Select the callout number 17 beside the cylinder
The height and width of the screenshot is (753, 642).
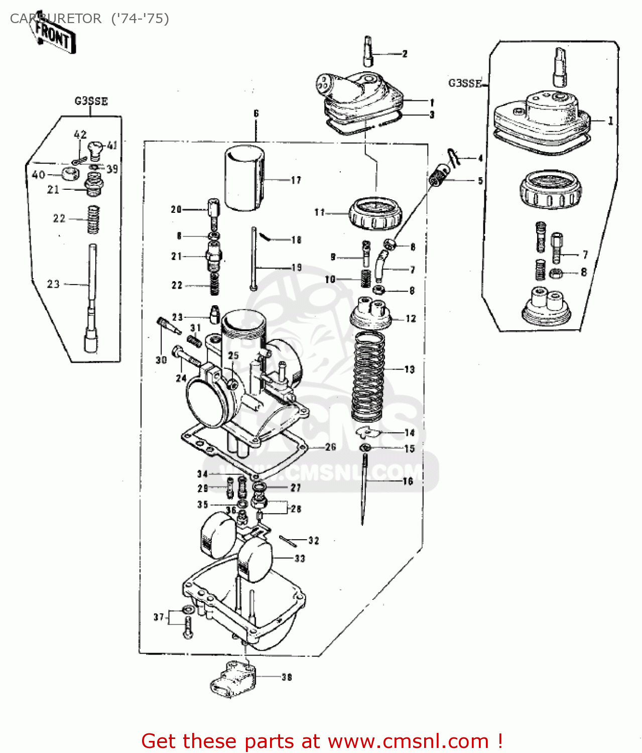296,180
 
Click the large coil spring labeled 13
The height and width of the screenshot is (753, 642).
368,376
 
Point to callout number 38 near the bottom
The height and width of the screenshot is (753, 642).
287,677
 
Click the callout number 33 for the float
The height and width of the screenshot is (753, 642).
300,558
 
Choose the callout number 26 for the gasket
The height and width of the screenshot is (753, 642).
330,447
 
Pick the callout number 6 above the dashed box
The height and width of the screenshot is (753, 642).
256,113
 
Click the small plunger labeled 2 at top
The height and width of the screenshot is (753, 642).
368,51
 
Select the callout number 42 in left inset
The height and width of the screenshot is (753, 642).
80,135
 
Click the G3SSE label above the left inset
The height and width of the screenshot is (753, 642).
91,101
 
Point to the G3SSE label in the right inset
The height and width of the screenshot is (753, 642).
465,83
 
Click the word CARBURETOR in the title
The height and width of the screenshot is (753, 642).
55,19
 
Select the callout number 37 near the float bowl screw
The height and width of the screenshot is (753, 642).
159,617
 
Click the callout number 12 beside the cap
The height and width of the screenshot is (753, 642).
411,318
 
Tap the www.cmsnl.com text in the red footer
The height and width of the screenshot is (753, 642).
408,741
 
